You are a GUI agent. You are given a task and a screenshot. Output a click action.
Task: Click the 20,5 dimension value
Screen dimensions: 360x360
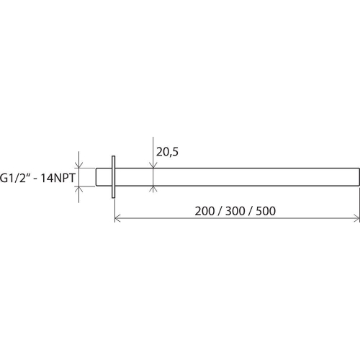click(x=167, y=152)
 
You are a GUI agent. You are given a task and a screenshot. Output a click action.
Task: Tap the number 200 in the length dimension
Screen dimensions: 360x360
click(x=204, y=211)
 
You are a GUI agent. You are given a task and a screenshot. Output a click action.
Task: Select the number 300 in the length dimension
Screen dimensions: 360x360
click(x=235, y=211)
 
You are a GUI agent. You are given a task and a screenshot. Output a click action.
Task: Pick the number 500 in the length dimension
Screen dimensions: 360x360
click(x=266, y=211)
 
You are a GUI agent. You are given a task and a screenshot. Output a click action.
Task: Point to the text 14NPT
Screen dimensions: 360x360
click(x=58, y=178)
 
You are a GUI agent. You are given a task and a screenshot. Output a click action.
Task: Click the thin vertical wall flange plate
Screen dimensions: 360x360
click(x=113, y=177)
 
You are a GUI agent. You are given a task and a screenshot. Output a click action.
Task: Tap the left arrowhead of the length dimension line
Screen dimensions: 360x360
click(x=117, y=219)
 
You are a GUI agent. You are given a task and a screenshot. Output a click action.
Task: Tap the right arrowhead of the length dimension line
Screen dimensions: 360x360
click(x=357, y=219)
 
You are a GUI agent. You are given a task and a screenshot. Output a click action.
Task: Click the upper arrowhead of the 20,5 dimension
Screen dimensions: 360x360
click(x=153, y=165)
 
